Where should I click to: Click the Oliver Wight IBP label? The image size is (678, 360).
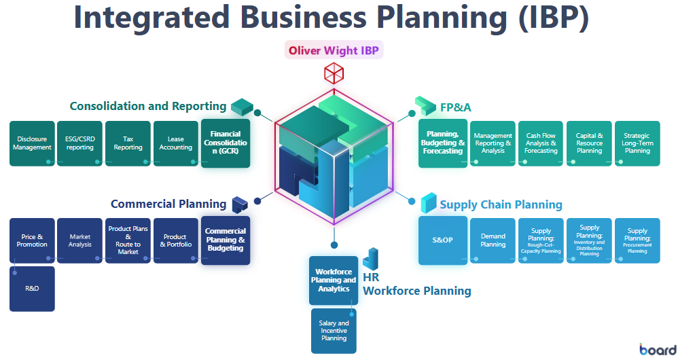pyautogui.click(x=334, y=50)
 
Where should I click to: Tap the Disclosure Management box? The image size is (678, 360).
pyautogui.click(x=32, y=143)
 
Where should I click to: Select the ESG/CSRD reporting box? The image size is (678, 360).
pyautogui.click(x=80, y=143)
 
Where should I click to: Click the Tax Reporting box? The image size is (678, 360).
pyautogui.click(x=128, y=143)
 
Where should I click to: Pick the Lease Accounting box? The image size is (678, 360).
pyautogui.click(x=176, y=143)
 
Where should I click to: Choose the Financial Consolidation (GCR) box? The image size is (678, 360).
pyautogui.click(x=226, y=143)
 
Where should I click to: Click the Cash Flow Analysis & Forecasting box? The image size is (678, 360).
pyautogui.click(x=541, y=143)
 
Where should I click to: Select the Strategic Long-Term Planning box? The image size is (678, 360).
pyautogui.click(x=637, y=143)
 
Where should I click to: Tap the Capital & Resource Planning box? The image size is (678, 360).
pyautogui.click(x=589, y=143)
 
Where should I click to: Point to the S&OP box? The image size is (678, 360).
pyautogui.click(x=442, y=240)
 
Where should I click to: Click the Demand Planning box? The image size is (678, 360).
pyautogui.click(x=493, y=240)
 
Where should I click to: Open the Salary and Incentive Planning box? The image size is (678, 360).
pyautogui.click(x=334, y=331)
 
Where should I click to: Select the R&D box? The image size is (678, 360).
pyautogui.click(x=32, y=288)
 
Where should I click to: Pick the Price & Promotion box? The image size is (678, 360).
pyautogui.click(x=32, y=240)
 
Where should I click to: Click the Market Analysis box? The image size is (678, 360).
pyautogui.click(x=80, y=240)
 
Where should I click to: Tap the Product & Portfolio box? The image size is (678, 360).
pyautogui.click(x=176, y=240)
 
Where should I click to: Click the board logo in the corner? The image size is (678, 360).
pyautogui.click(x=657, y=349)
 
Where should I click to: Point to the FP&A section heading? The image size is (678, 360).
pyautogui.click(x=455, y=107)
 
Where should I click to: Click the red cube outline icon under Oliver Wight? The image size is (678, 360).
pyautogui.click(x=334, y=73)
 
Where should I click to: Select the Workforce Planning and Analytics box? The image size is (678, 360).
pyautogui.click(x=333, y=280)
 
